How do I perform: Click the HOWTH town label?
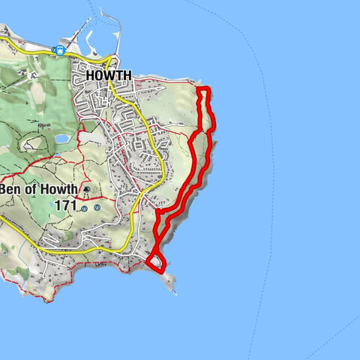click(109, 76)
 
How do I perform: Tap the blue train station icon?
click(58, 50)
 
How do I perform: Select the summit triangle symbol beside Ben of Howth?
click(87, 189)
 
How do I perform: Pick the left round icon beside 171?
click(85, 208)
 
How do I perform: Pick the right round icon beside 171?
click(97, 208)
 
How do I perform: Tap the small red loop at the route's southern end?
click(155, 261)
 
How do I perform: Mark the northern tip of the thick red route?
click(204, 90)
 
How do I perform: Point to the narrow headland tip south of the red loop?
click(172, 284)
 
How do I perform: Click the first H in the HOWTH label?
click(91, 76)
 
